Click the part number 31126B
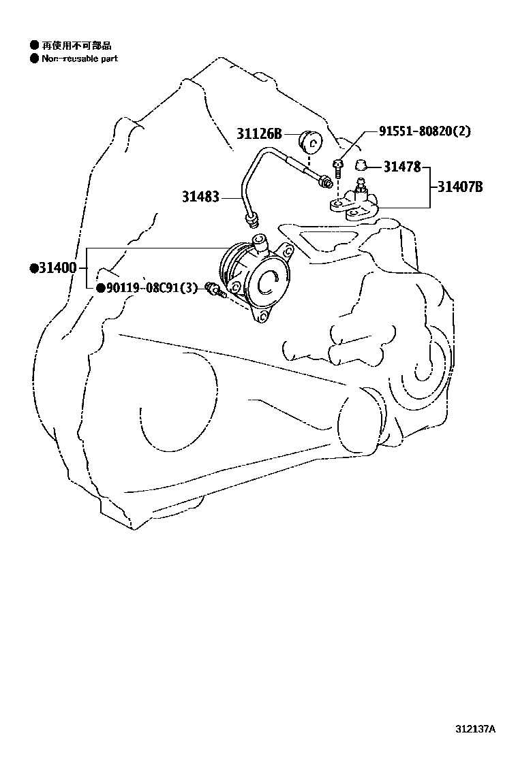tap(259, 134)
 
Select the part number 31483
tap(200, 197)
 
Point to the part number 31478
tap(402, 165)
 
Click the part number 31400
tap(57, 268)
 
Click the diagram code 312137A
tap(475, 729)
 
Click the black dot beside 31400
tap(33, 268)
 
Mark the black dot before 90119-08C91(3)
tap(100, 288)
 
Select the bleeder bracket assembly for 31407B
tap(354, 203)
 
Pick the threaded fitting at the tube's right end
tap(325, 180)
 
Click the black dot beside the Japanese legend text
tap(33, 46)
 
